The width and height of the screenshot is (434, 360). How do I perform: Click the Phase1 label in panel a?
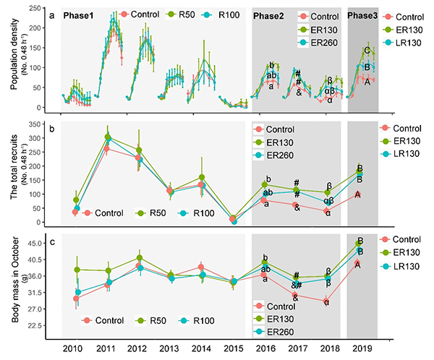(81, 14)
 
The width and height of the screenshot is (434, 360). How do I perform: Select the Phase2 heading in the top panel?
(273, 14)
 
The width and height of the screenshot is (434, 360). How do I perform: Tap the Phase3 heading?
(362, 14)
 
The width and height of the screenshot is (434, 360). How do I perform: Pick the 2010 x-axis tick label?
(74, 348)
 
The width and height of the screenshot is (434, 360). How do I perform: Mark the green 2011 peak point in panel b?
(108, 137)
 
